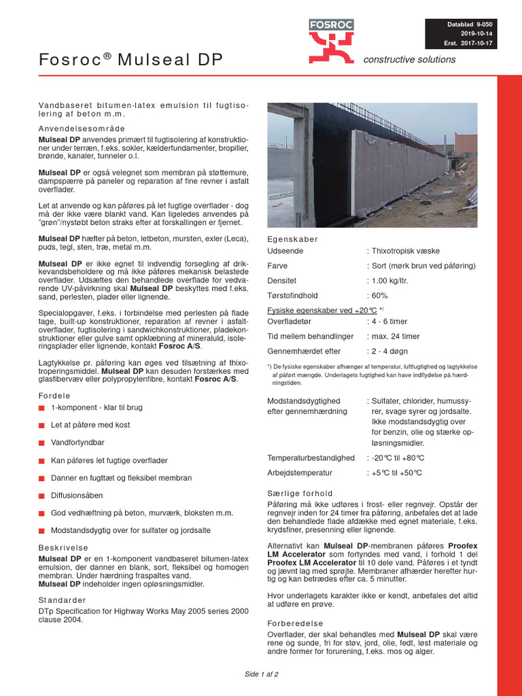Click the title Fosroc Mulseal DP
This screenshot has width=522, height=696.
click(x=130, y=60)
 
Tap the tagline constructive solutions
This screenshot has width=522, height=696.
click(x=409, y=60)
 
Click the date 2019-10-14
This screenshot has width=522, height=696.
click(x=476, y=33)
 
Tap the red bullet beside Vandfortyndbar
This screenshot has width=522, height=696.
click(x=41, y=442)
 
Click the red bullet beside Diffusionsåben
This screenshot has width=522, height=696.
click(x=41, y=495)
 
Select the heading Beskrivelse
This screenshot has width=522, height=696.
click(x=63, y=547)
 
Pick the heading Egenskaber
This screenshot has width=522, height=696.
click(x=293, y=240)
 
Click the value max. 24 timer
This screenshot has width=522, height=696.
click(x=395, y=336)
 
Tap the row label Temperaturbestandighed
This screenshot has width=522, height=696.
click(x=311, y=458)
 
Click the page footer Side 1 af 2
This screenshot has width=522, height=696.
click(x=262, y=674)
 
